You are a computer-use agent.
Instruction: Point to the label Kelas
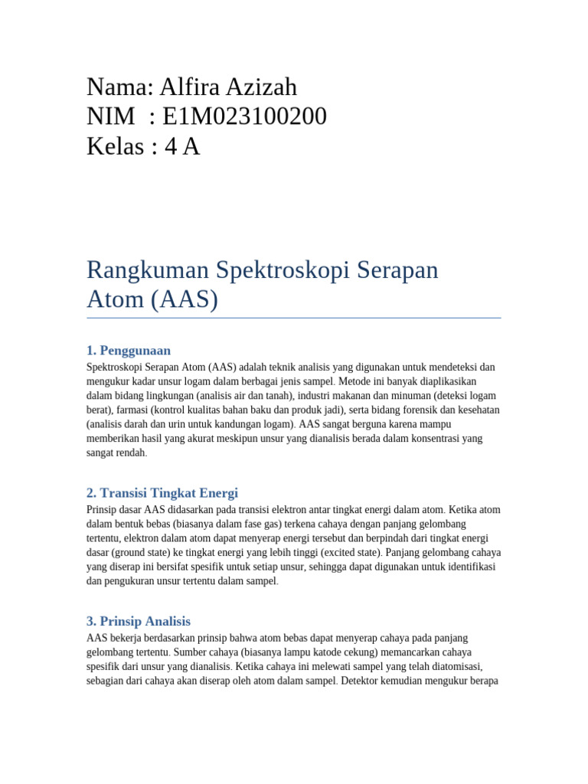(x=116, y=145)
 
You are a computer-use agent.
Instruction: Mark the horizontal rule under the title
(x=294, y=318)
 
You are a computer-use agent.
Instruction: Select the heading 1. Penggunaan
(x=129, y=351)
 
